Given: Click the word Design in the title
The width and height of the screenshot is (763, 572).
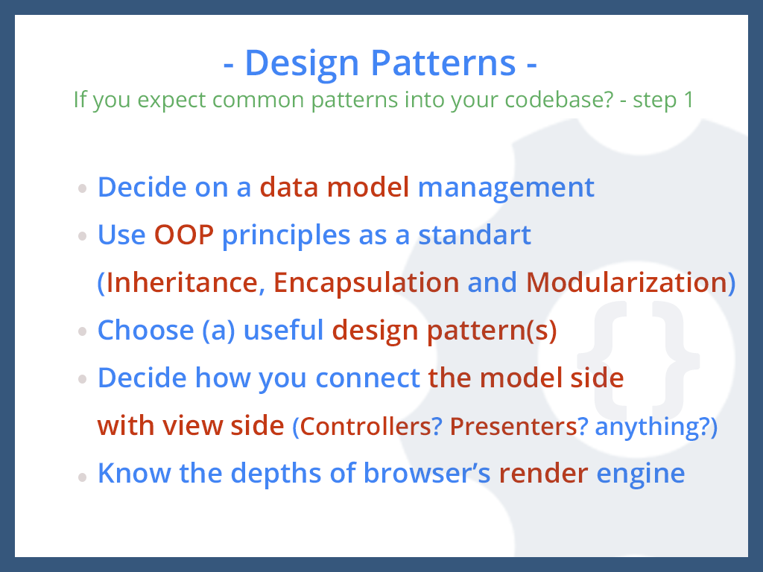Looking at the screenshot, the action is tap(302, 64).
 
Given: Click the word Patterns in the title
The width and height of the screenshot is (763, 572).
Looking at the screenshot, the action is tap(443, 63).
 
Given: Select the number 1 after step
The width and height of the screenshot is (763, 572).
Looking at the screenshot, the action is tap(688, 100).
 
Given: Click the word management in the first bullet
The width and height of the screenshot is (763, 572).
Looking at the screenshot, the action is tap(506, 188).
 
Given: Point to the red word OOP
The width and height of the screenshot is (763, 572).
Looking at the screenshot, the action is tap(184, 235).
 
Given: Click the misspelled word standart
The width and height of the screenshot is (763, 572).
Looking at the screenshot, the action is tap(475, 235).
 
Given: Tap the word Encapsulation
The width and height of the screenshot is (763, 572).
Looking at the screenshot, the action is tap(367, 283).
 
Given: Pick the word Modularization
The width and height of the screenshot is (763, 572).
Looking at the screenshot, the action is tap(627, 282).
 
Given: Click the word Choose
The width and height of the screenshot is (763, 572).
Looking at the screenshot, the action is tap(146, 330).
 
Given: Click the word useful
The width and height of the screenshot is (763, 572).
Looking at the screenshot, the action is tap(283, 330).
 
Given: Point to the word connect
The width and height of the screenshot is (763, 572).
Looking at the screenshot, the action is tap(368, 378).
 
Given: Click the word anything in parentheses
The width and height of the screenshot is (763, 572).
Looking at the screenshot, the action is tap(648, 427).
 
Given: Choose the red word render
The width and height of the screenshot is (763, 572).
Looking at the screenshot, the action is tap(543, 474).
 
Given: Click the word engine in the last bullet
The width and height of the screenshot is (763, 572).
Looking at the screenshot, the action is tap(641, 475).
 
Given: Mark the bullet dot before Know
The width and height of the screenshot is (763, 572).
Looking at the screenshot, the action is tap(82, 477).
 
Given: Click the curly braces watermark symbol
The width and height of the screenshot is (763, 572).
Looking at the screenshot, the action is tap(639, 354).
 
